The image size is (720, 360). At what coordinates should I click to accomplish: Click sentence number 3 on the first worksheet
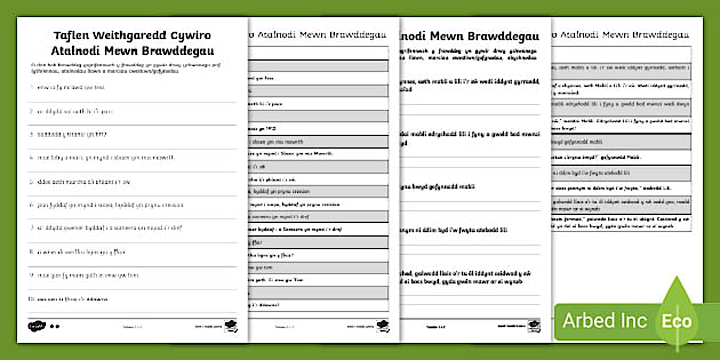(71, 134)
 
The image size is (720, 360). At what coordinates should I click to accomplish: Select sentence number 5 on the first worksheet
(83, 182)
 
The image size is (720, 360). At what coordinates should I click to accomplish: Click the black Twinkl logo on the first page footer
(36, 326)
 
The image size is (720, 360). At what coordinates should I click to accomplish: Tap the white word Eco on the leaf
(677, 320)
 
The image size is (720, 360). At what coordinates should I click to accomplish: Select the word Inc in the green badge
(634, 321)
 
